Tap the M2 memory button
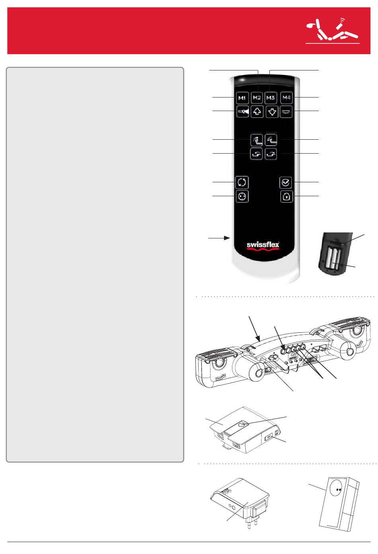257,98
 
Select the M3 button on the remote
271,98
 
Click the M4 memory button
286,98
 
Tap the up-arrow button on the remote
257,112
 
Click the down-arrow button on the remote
272,112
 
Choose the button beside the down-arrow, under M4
286,112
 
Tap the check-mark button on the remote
286,183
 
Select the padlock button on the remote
286,197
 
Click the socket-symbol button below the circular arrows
242,197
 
